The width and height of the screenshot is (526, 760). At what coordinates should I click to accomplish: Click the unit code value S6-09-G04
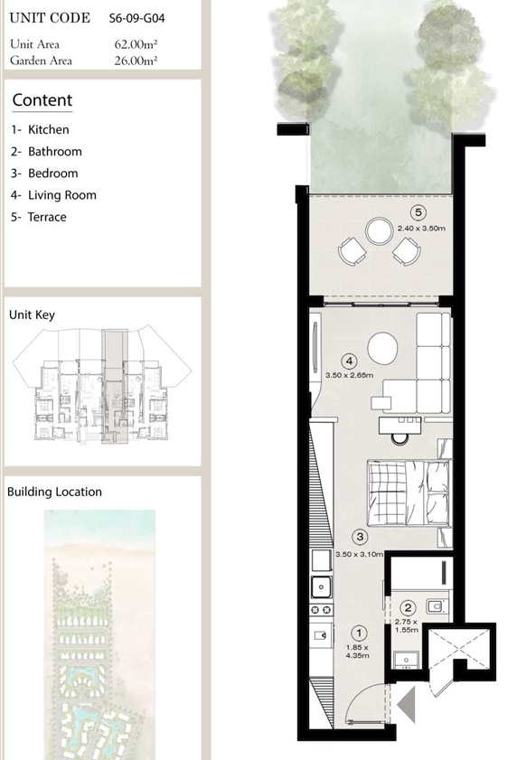click(136, 18)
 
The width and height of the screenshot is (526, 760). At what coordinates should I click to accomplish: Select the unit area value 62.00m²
click(136, 44)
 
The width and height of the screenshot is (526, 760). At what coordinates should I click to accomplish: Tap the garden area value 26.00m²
click(136, 61)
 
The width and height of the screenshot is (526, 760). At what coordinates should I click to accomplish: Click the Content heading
click(42, 100)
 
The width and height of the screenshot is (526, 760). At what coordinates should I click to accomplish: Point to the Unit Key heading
click(32, 315)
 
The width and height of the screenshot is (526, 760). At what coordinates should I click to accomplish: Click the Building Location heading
click(55, 492)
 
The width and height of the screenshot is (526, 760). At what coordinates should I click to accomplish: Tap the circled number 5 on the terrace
click(418, 212)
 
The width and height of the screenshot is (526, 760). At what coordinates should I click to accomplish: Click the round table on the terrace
click(379, 231)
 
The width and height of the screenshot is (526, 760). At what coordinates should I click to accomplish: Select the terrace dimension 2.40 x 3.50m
click(421, 228)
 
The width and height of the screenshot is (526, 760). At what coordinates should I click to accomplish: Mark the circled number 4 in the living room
click(349, 361)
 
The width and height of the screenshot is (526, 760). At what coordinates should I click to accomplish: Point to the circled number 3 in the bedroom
click(360, 537)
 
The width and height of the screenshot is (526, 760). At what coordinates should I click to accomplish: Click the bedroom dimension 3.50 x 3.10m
click(359, 554)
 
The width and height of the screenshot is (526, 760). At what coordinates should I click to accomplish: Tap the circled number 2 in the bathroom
click(409, 608)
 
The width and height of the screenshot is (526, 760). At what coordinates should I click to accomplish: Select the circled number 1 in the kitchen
click(359, 633)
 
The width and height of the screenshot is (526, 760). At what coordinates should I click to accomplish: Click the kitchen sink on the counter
click(321, 587)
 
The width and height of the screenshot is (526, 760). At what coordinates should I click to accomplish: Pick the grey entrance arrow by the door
click(406, 704)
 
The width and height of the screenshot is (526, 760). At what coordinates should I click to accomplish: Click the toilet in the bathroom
click(437, 605)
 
